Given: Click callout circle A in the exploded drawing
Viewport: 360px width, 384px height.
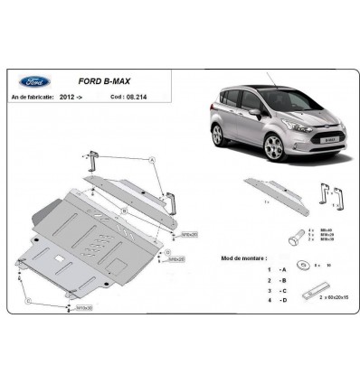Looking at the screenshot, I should (154, 160).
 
